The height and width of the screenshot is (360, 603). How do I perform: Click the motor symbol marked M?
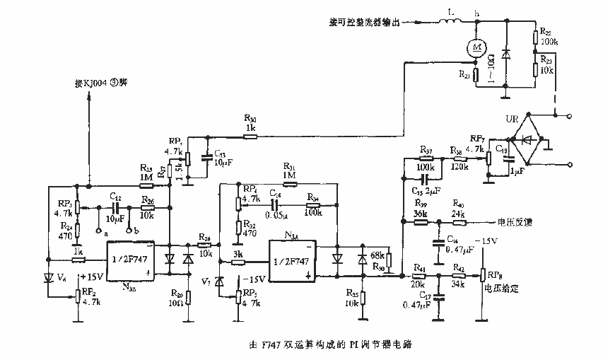tap(478, 47)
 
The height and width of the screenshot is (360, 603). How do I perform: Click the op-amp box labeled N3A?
tap(291, 259)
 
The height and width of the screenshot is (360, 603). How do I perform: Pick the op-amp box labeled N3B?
tap(130, 261)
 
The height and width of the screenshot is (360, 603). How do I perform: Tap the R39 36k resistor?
tap(421, 222)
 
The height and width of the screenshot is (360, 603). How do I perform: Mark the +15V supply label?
tap(93, 277)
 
